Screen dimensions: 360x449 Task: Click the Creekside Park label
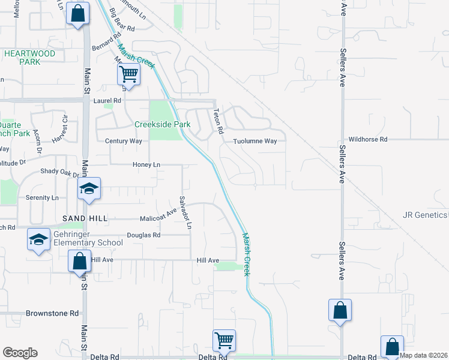[x=162, y=124]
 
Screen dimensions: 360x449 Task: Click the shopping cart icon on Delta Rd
[x=224, y=340]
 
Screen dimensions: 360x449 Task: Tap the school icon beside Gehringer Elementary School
[x=38, y=240]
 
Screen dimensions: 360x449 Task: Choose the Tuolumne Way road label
[x=255, y=141]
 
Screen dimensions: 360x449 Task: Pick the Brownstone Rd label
[x=52, y=313]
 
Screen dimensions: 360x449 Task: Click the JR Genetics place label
[x=426, y=215]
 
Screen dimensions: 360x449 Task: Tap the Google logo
[x=20, y=353]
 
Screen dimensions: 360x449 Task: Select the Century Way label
[x=124, y=141]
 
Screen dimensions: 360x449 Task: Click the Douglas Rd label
[x=143, y=235]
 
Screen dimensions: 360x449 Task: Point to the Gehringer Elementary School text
[x=86, y=238]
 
